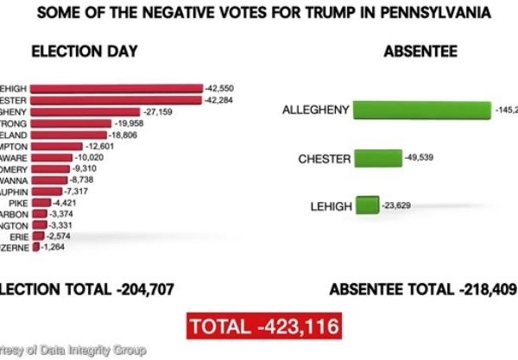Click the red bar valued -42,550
pos(117,88)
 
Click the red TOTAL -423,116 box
pos(262,327)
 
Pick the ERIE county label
pos(18,235)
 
